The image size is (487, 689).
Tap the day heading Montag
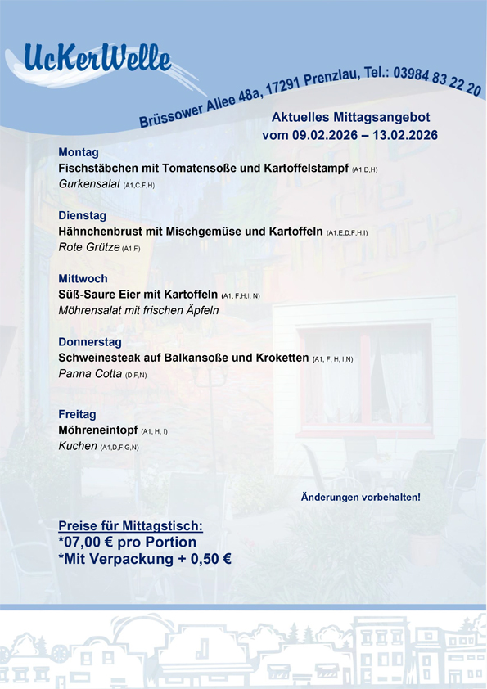pyautogui.click(x=79, y=152)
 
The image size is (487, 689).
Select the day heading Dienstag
pyautogui.click(x=82, y=216)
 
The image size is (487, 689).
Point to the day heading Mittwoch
pyautogui.click(x=83, y=279)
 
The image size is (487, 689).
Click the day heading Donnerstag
pyautogui.click(x=90, y=342)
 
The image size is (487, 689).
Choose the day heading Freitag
pyautogui.click(x=77, y=414)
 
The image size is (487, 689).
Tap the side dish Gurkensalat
pyautogui.click(x=89, y=184)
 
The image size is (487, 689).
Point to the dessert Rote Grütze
pyautogui.click(x=88, y=247)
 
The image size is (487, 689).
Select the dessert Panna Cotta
pyautogui.click(x=89, y=374)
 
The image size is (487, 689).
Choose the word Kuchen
pyautogui.click(x=77, y=446)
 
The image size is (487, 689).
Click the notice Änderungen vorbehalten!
pyautogui.click(x=360, y=497)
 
